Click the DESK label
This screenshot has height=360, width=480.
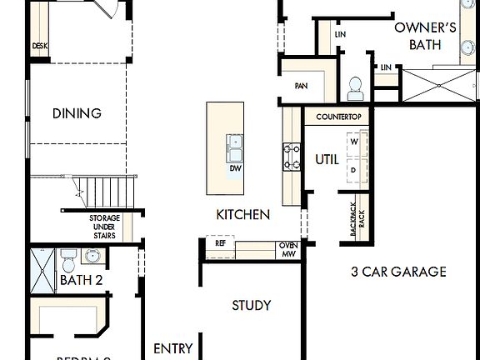(39, 47)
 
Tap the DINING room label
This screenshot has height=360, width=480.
(77, 113)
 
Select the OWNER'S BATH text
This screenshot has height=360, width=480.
(425, 36)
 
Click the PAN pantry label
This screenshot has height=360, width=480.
(302, 86)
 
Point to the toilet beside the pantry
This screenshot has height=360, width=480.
(355, 86)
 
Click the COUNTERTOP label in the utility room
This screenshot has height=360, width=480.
(338, 117)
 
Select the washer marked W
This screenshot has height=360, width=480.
(353, 142)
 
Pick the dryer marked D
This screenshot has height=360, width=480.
(353, 170)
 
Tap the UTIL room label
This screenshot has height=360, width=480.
(327, 158)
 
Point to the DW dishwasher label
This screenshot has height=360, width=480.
(235, 167)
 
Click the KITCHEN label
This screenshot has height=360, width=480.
(242, 214)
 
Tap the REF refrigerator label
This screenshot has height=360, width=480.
(220, 244)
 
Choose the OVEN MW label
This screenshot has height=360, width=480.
(287, 248)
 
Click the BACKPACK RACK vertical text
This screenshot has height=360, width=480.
(356, 221)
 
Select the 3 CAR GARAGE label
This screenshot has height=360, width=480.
(398, 272)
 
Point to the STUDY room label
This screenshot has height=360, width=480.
(251, 306)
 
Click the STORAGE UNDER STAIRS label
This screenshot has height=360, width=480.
(104, 227)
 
